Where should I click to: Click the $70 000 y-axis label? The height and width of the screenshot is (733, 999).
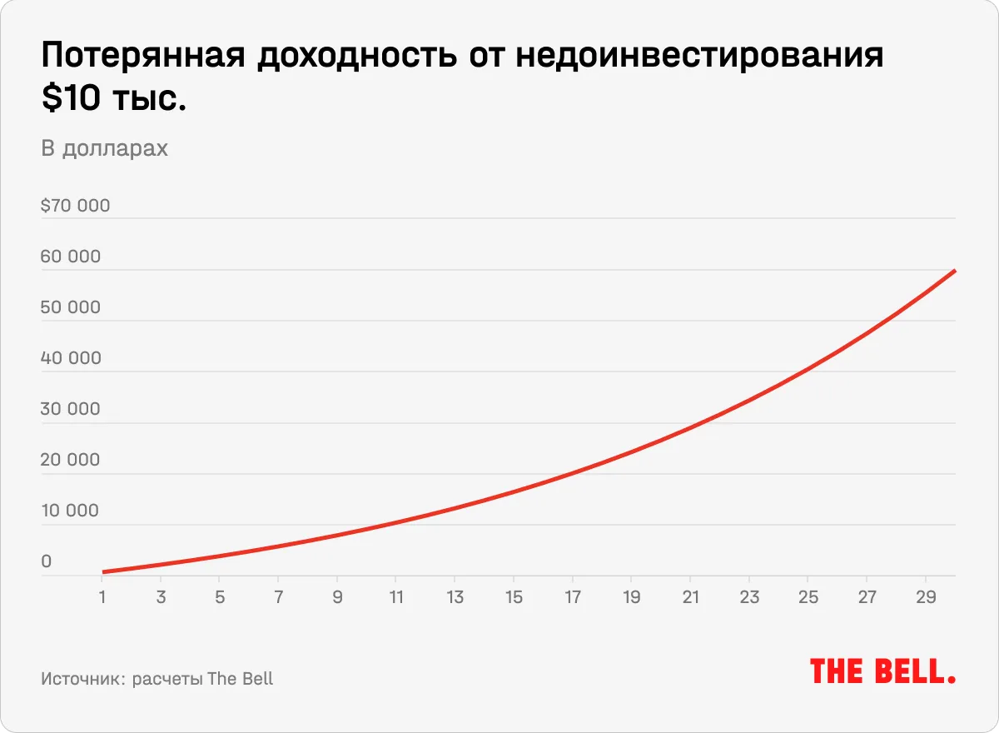pyautogui.click(x=75, y=205)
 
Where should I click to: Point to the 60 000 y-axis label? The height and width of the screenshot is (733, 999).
pyautogui.click(x=71, y=257)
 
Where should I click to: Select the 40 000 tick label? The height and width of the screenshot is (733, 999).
pyautogui.click(x=71, y=358)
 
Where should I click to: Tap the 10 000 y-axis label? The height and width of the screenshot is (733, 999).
pyautogui.click(x=70, y=511)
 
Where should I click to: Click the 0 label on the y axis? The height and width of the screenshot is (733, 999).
pyautogui.click(x=47, y=561)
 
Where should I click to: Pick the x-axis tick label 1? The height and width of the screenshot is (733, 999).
pyautogui.click(x=102, y=597)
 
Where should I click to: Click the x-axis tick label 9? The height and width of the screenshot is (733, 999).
pyautogui.click(x=337, y=597)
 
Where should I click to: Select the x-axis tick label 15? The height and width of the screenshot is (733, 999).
pyautogui.click(x=514, y=597)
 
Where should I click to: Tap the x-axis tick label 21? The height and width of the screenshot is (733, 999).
pyautogui.click(x=690, y=597)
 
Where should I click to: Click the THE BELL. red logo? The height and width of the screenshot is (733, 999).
pyautogui.click(x=882, y=671)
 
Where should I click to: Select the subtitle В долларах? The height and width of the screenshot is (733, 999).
pyautogui.click(x=104, y=148)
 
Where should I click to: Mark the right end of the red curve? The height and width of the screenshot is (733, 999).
pyautogui.click(x=954, y=271)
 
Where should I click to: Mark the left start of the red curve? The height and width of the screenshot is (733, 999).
pyautogui.click(x=103, y=572)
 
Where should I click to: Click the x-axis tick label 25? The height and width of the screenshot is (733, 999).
pyautogui.click(x=808, y=597)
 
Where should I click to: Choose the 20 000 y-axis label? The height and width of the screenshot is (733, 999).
pyautogui.click(x=71, y=460)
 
